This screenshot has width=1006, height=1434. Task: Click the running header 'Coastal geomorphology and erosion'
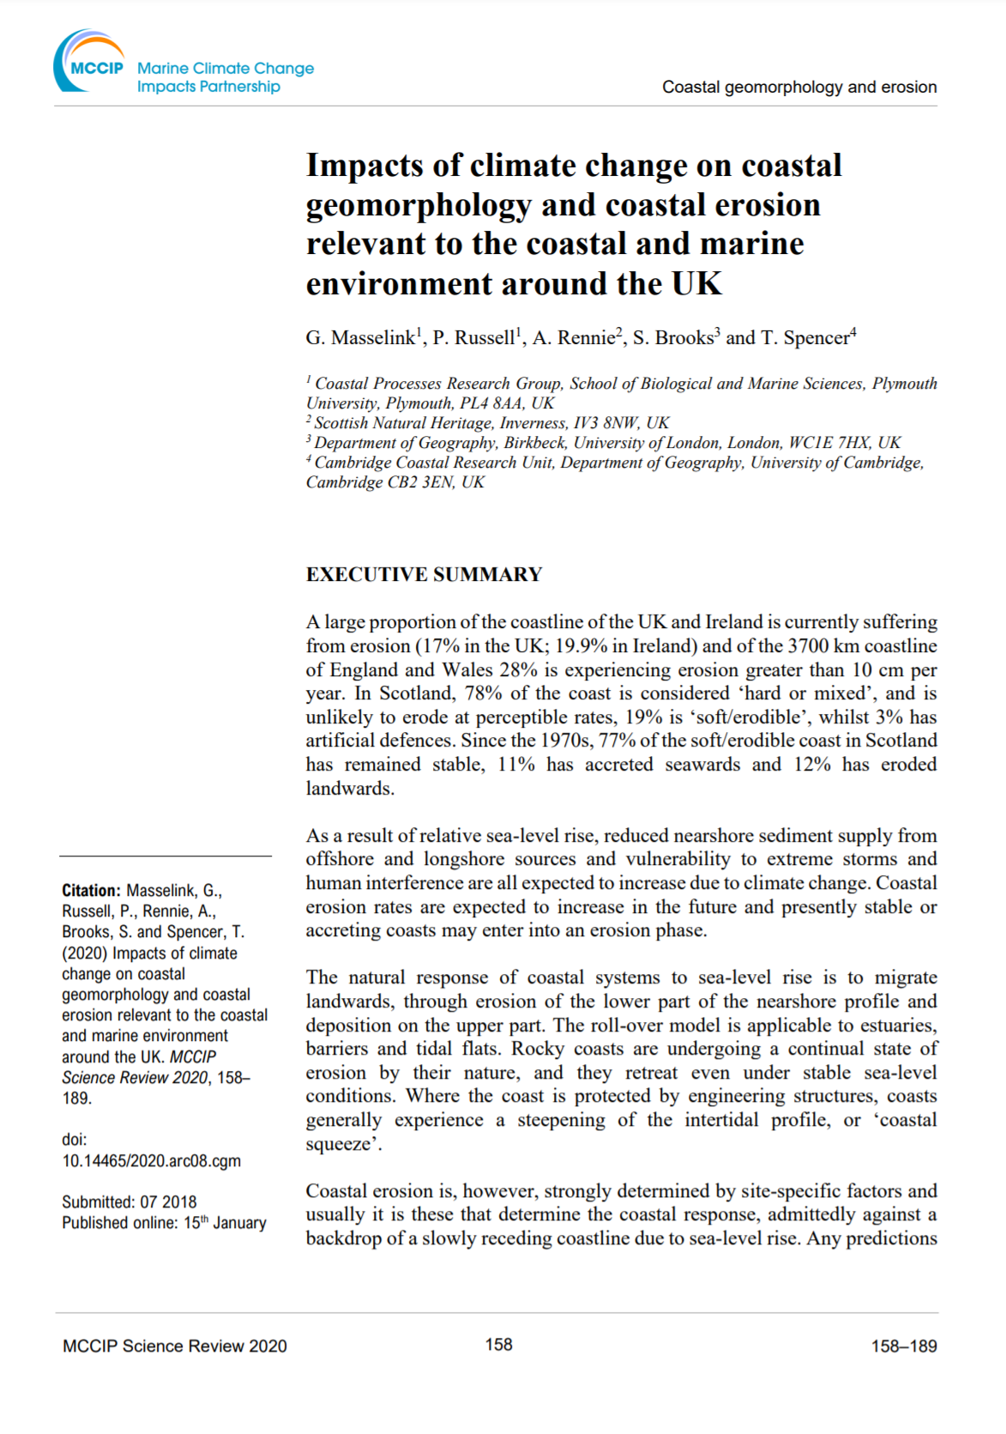tap(798, 87)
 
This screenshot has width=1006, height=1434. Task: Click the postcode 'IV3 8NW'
tap(608, 423)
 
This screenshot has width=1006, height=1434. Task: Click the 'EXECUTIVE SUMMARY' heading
tap(424, 574)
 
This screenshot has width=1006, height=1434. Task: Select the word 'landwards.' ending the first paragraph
tap(350, 788)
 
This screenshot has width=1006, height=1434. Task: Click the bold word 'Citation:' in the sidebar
tap(91, 891)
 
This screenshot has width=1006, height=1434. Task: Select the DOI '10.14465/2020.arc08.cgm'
tap(151, 1161)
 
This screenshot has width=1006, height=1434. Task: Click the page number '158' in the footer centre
tap(498, 1345)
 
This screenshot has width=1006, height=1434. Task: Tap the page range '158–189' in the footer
tap(903, 1346)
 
